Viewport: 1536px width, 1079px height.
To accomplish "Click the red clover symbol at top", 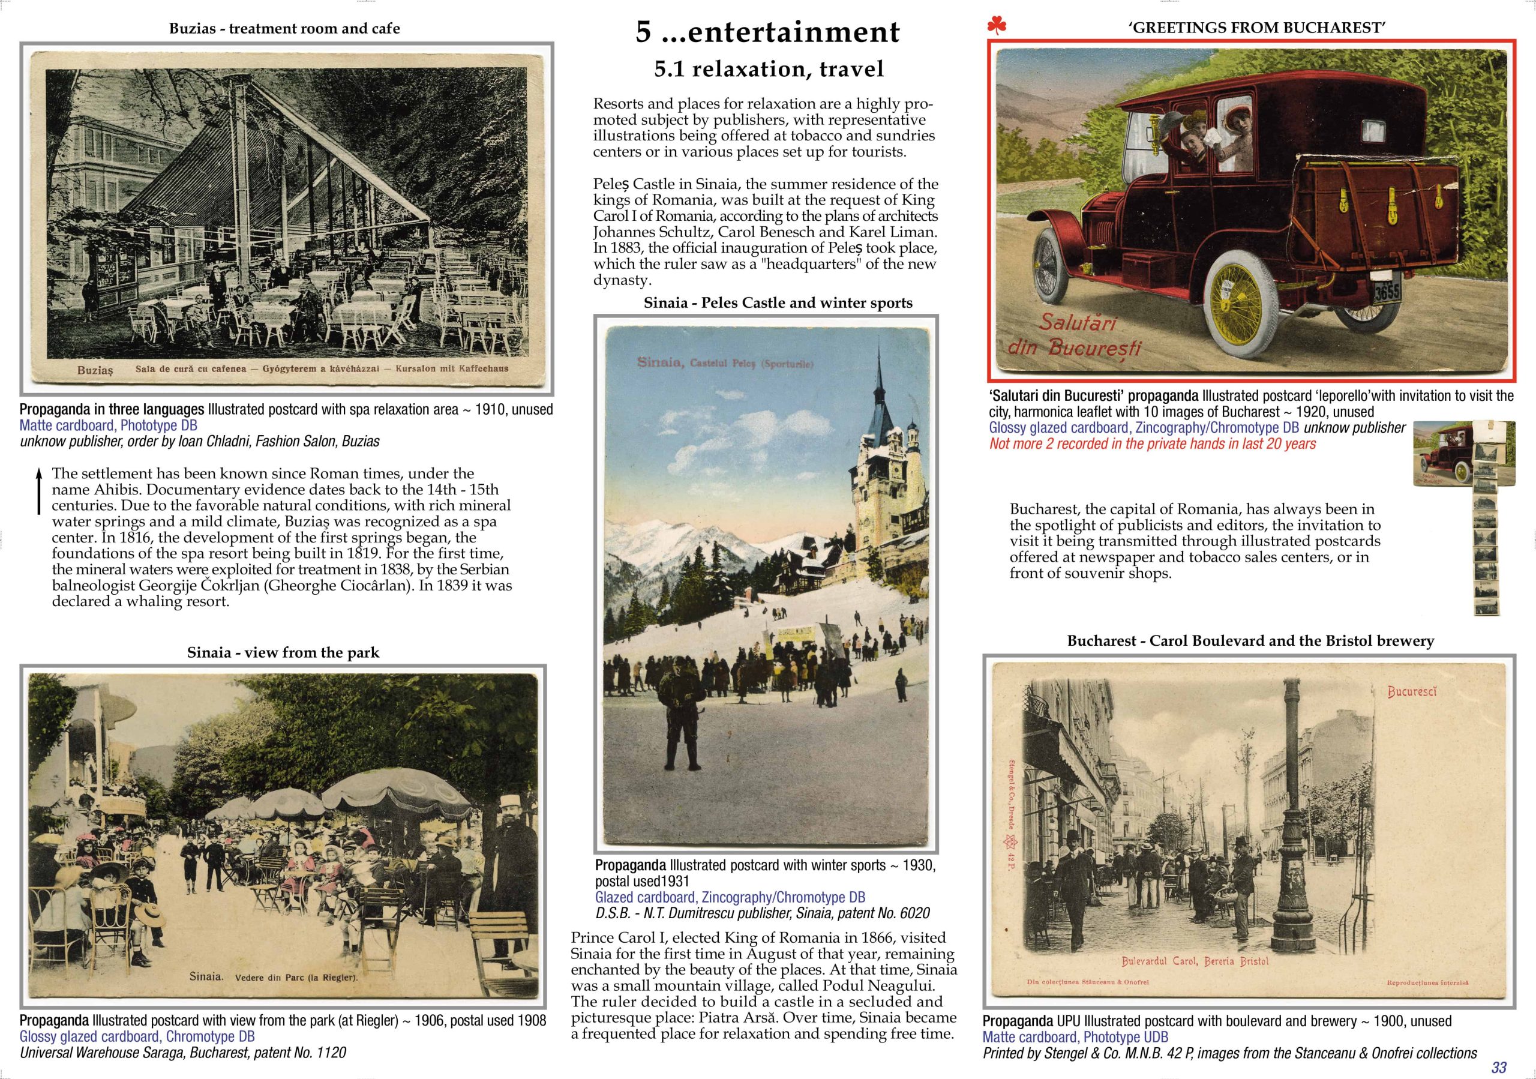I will [996, 27].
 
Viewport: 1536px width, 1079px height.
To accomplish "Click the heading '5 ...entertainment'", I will [767, 32].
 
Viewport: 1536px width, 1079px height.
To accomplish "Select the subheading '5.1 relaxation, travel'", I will [769, 69].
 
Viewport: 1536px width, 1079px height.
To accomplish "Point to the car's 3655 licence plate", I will [1387, 292].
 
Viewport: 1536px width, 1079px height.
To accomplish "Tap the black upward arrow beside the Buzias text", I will [39, 491].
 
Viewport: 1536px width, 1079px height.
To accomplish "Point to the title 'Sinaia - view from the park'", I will [283, 653].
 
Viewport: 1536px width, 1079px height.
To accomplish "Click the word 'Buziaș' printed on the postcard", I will [95, 369].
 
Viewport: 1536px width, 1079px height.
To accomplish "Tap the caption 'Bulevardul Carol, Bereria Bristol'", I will [1195, 962].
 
